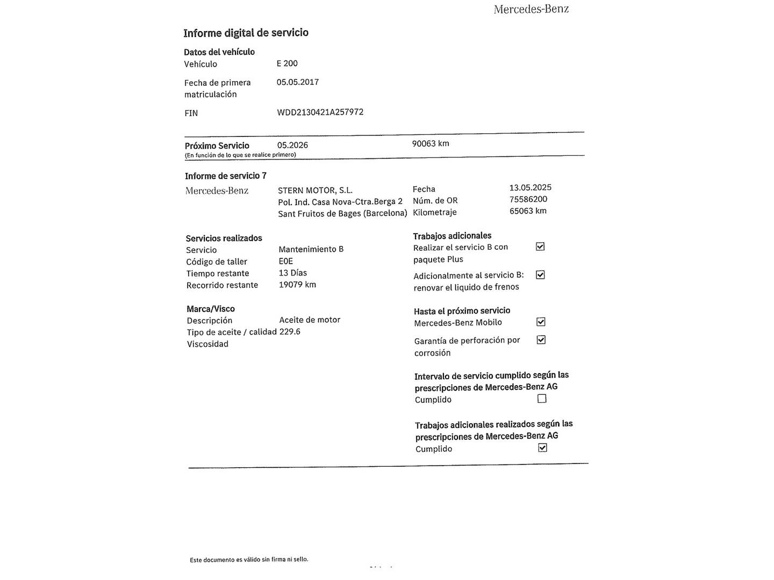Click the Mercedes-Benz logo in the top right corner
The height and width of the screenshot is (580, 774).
(x=531, y=9)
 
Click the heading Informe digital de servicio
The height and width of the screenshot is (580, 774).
(x=246, y=33)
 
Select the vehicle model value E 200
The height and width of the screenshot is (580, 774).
(x=287, y=63)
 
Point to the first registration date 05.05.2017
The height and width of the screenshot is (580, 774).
(x=298, y=82)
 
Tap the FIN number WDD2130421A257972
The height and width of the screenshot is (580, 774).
(x=320, y=112)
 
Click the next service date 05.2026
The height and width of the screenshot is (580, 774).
(x=292, y=145)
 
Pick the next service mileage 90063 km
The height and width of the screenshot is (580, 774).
(x=431, y=143)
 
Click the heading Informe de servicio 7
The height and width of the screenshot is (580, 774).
(x=226, y=176)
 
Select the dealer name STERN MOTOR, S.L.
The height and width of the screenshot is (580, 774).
(x=315, y=190)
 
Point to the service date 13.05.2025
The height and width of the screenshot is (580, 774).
(x=531, y=187)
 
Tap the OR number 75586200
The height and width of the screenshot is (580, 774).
(x=528, y=199)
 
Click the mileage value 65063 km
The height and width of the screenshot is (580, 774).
(x=528, y=211)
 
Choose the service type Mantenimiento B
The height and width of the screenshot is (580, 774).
(x=311, y=249)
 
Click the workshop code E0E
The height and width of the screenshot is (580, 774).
(x=286, y=261)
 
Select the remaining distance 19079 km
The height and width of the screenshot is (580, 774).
(x=297, y=285)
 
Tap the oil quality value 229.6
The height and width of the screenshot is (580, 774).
(x=290, y=332)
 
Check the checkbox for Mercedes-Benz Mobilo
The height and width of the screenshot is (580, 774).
(x=541, y=322)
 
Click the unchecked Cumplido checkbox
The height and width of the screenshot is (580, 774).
(x=542, y=398)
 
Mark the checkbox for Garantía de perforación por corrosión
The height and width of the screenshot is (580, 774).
(x=541, y=340)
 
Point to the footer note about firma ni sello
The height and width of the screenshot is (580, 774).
(x=249, y=560)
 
